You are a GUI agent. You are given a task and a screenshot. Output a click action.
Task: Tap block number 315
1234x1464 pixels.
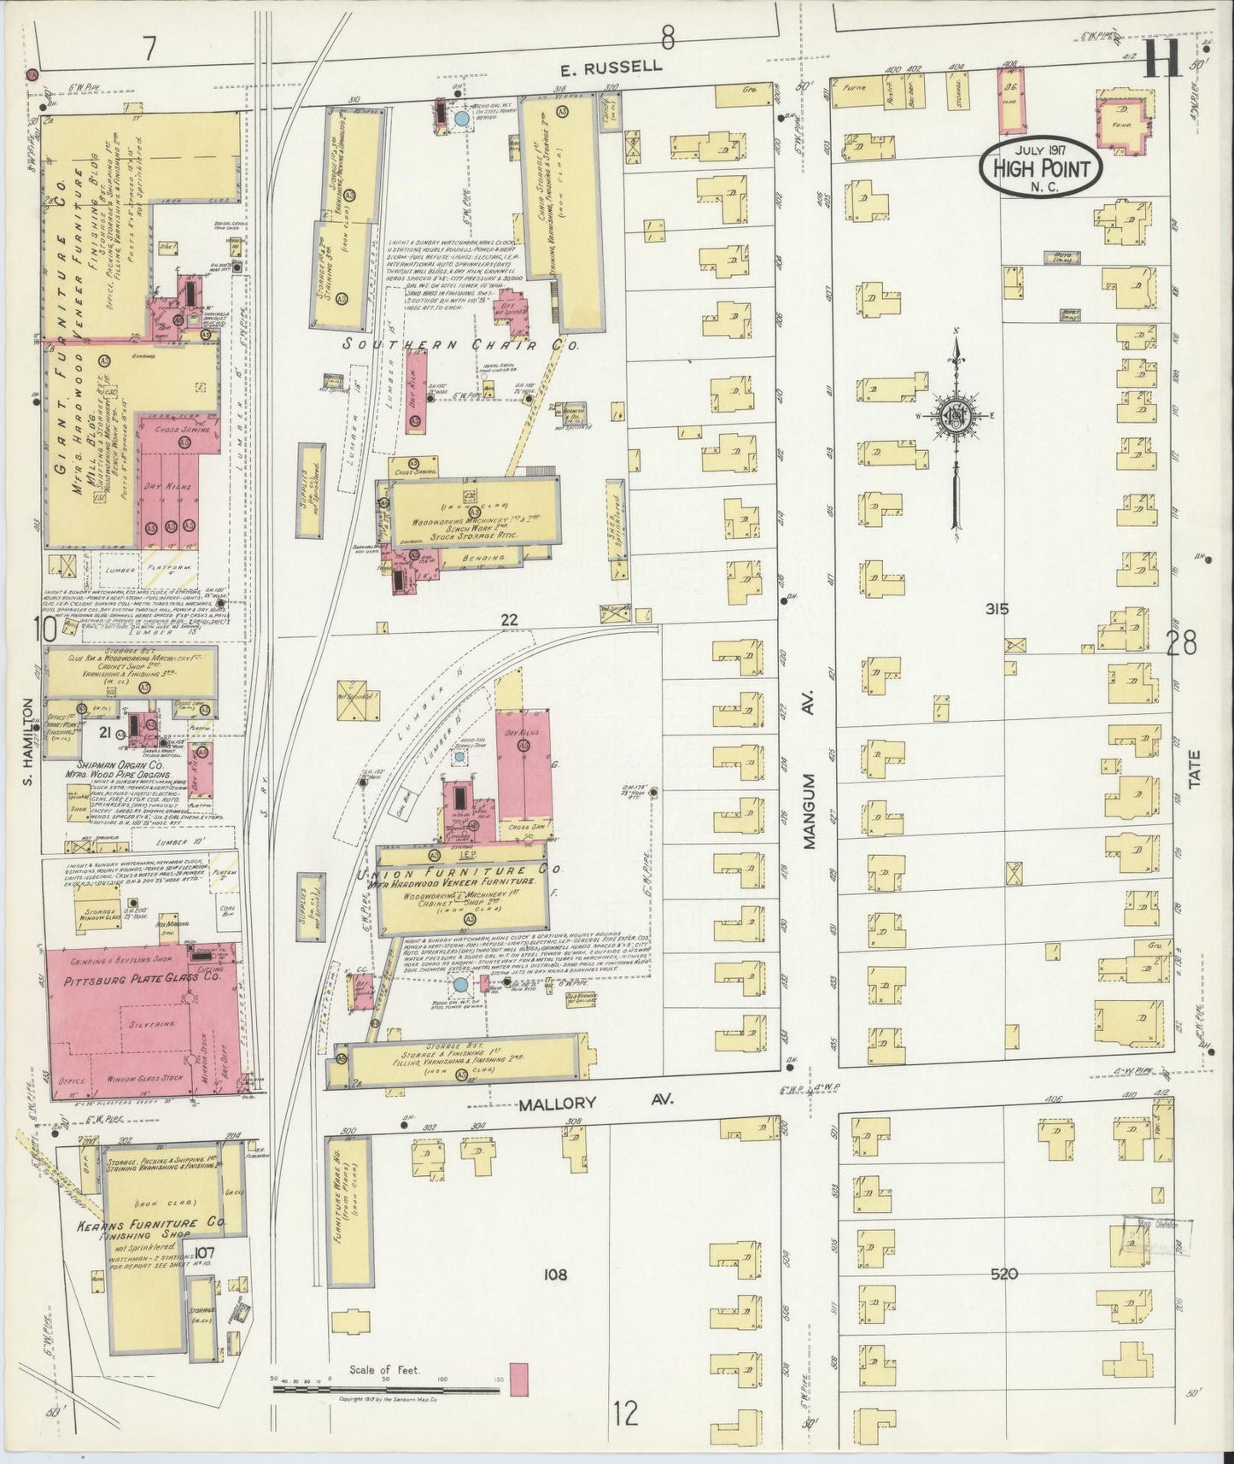click(996, 609)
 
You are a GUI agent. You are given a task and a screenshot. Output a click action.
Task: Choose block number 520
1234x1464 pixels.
click(1005, 1274)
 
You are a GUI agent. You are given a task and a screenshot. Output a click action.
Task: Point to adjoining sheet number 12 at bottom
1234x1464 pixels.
click(626, 1414)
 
